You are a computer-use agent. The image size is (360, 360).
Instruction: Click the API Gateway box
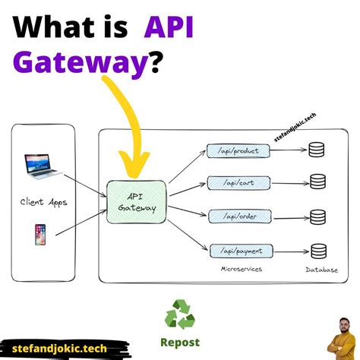coord(137,201)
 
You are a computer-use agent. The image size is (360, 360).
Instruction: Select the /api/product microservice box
coord(238,151)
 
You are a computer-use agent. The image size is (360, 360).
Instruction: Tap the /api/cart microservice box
coord(238,182)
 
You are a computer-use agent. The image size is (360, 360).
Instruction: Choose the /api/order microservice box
coord(238,216)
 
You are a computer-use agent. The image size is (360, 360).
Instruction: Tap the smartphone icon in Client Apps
coord(39,234)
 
